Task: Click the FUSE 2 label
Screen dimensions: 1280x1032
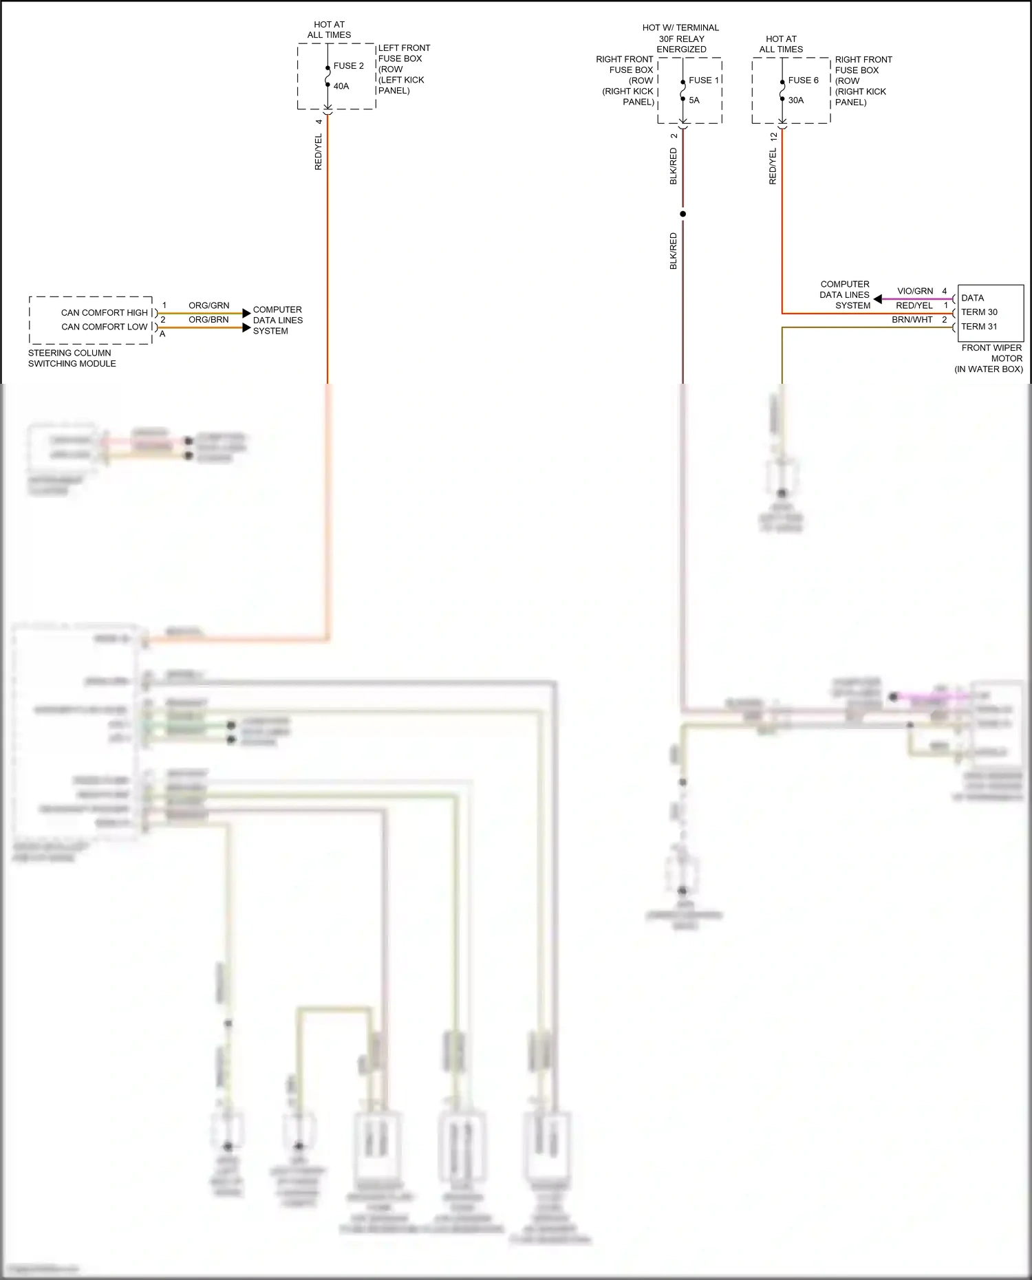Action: click(348, 66)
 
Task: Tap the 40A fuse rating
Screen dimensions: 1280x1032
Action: click(341, 87)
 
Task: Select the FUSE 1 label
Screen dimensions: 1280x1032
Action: click(703, 80)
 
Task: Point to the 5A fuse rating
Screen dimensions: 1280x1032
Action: click(694, 100)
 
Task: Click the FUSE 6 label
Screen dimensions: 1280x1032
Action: click(803, 80)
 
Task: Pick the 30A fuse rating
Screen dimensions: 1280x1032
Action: click(796, 100)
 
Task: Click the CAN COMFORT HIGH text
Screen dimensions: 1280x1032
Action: click(104, 313)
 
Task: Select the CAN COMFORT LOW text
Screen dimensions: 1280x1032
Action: click(104, 327)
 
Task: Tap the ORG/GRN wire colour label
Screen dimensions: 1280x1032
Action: click(208, 305)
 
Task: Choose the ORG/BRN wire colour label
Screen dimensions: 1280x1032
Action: click(208, 320)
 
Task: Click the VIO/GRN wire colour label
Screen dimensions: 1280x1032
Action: click(915, 292)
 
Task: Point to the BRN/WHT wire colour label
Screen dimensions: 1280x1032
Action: click(912, 320)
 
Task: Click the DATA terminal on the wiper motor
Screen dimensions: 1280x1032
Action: click(972, 299)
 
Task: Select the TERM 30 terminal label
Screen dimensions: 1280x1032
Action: click(979, 312)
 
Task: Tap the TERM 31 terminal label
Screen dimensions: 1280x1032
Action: click(979, 327)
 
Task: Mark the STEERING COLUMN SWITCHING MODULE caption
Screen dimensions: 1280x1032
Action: click(72, 358)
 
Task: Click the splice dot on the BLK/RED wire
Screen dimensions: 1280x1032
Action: click(682, 214)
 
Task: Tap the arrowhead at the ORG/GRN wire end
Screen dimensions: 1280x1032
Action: click(246, 314)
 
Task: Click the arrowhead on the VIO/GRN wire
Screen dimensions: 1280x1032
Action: click(878, 299)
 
